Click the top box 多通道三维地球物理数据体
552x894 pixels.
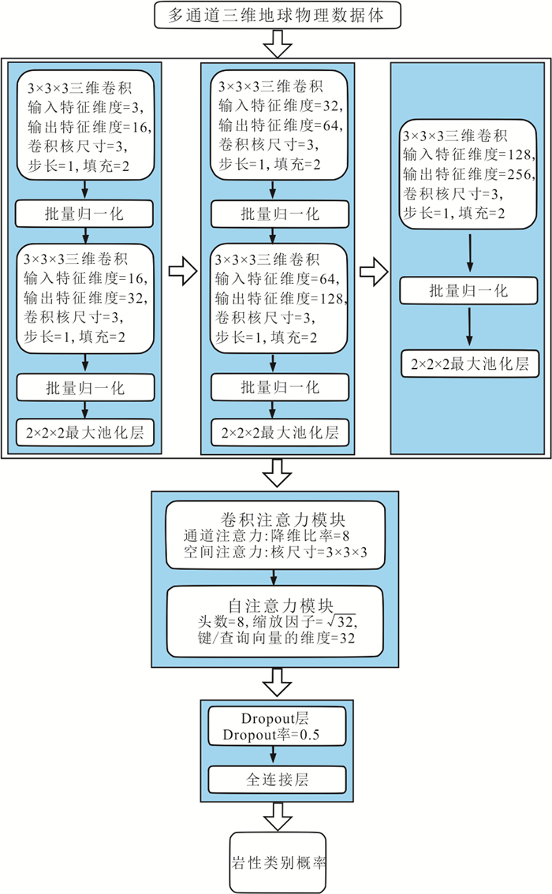pyautogui.click(x=275, y=15)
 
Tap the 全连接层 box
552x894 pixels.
pyautogui.click(x=275, y=780)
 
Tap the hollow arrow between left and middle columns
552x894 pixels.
pyautogui.click(x=182, y=272)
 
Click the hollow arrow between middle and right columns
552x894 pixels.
pyautogui.click(x=371, y=272)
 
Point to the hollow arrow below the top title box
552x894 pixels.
pyautogui.click(x=275, y=44)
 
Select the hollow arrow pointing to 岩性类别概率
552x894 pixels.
pyautogui.click(x=275, y=815)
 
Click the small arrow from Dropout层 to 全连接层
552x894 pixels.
pyautogui.click(x=275, y=754)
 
